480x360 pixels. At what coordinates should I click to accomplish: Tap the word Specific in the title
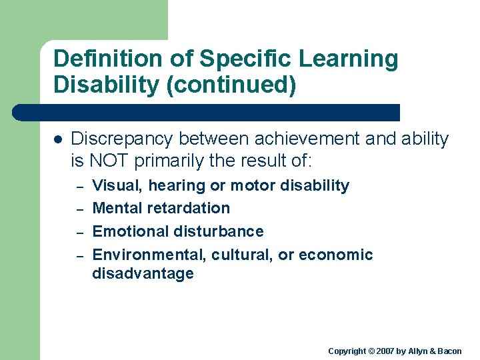click(237, 59)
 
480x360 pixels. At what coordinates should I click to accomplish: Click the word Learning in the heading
click(348, 59)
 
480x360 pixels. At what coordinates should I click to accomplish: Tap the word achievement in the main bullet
click(287, 139)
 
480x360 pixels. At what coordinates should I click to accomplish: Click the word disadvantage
click(143, 273)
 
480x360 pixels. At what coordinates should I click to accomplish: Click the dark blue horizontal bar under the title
click(207, 112)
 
